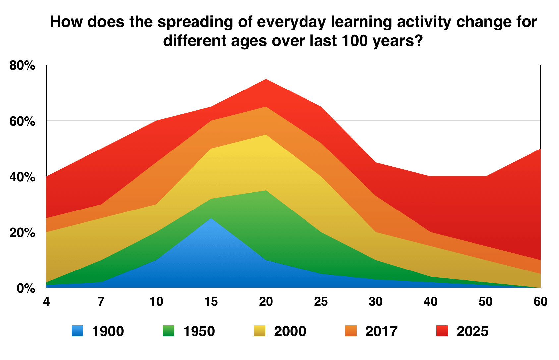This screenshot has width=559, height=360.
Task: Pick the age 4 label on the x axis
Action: [x=47, y=302]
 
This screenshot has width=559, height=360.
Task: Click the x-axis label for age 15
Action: [x=211, y=302]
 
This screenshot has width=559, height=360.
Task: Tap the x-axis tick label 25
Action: [x=321, y=302]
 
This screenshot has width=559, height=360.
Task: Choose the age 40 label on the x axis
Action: [x=431, y=302]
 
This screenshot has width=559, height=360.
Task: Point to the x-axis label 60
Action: [x=540, y=302]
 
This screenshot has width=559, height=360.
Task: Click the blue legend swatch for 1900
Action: [x=77, y=331]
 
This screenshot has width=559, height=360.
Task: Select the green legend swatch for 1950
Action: [x=169, y=331]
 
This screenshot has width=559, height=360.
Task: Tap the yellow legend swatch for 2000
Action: [x=260, y=331]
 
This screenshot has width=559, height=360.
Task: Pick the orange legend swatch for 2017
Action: [x=351, y=331]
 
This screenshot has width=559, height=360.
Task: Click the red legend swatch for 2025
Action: [x=442, y=331]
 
